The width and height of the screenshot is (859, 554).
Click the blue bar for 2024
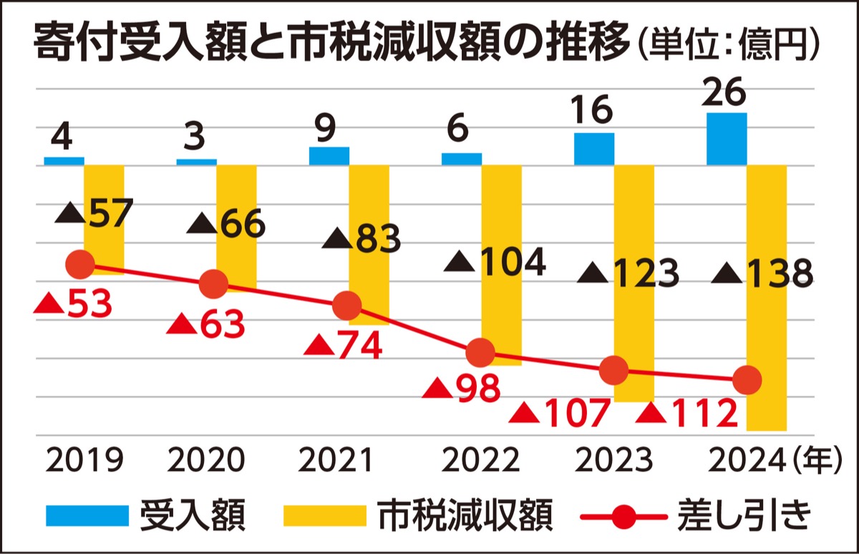[727, 139]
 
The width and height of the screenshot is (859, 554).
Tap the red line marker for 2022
[480, 353]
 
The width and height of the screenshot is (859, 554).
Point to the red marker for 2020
[213, 285]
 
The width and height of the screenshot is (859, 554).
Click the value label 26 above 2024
[725, 93]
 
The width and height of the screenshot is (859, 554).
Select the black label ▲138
[765, 273]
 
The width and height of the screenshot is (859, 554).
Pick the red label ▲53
[74, 305]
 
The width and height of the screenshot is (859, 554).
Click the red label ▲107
[563, 414]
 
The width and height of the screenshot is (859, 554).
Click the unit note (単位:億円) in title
[729, 46]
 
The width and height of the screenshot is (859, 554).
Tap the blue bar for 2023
[594, 149]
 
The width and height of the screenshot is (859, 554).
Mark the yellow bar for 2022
[501, 265]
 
